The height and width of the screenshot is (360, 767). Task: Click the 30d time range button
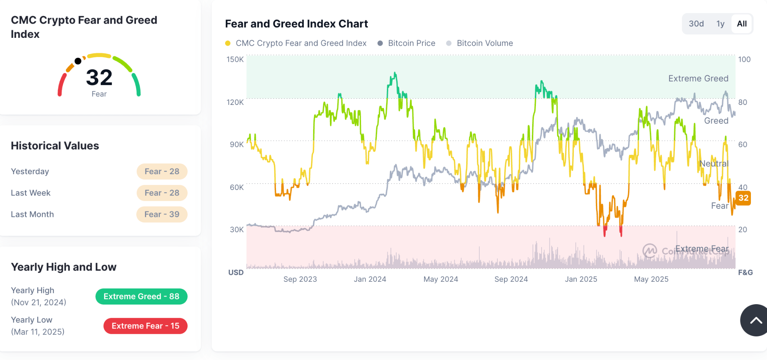pyautogui.click(x=696, y=24)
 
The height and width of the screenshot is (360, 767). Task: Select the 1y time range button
pyautogui.click(x=720, y=24)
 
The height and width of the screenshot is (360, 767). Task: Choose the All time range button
pyautogui.click(x=742, y=24)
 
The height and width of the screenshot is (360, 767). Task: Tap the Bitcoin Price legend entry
pyautogui.click(x=411, y=43)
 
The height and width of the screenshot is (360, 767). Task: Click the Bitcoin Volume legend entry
pyautogui.click(x=484, y=43)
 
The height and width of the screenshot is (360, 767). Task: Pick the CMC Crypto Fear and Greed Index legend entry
pyautogui.click(x=300, y=43)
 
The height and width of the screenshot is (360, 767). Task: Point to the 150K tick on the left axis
pyautogui.click(x=235, y=59)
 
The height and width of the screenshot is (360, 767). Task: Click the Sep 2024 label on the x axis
pyautogui.click(x=511, y=279)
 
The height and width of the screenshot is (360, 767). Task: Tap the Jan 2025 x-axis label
pyautogui.click(x=581, y=279)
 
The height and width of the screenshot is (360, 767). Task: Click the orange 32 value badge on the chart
pyautogui.click(x=743, y=198)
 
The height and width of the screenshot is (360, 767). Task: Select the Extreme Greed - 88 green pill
pyautogui.click(x=141, y=296)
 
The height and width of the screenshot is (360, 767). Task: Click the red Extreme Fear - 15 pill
pyautogui.click(x=145, y=326)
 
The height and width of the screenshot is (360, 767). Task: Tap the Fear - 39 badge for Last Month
pyautogui.click(x=162, y=214)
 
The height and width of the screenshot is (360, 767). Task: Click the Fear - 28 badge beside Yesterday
pyautogui.click(x=162, y=172)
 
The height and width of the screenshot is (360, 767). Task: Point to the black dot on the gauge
pyautogui.click(x=78, y=61)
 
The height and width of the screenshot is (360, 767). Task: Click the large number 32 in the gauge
pyautogui.click(x=99, y=78)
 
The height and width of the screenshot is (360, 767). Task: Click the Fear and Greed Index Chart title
pyautogui.click(x=296, y=24)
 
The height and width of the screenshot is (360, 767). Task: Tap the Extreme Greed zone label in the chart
pyautogui.click(x=698, y=78)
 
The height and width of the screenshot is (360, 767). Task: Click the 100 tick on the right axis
pyautogui.click(x=744, y=59)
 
